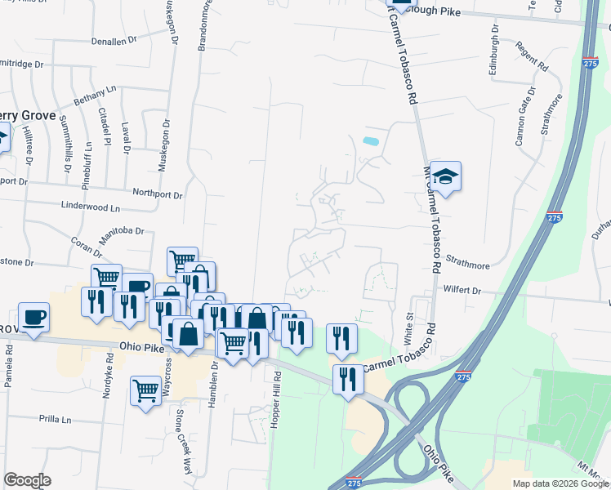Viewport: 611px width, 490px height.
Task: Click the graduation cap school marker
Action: [446, 176]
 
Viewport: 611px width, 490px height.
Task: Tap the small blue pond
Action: [370, 141]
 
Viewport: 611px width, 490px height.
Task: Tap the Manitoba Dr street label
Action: [122, 234]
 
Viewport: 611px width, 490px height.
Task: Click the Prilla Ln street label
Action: [55, 420]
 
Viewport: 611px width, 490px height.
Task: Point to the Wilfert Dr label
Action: [463, 289]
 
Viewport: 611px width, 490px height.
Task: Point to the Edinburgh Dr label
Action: [493, 51]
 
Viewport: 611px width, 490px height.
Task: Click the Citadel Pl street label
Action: [105, 126]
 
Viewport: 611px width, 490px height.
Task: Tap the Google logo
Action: [27, 480]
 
